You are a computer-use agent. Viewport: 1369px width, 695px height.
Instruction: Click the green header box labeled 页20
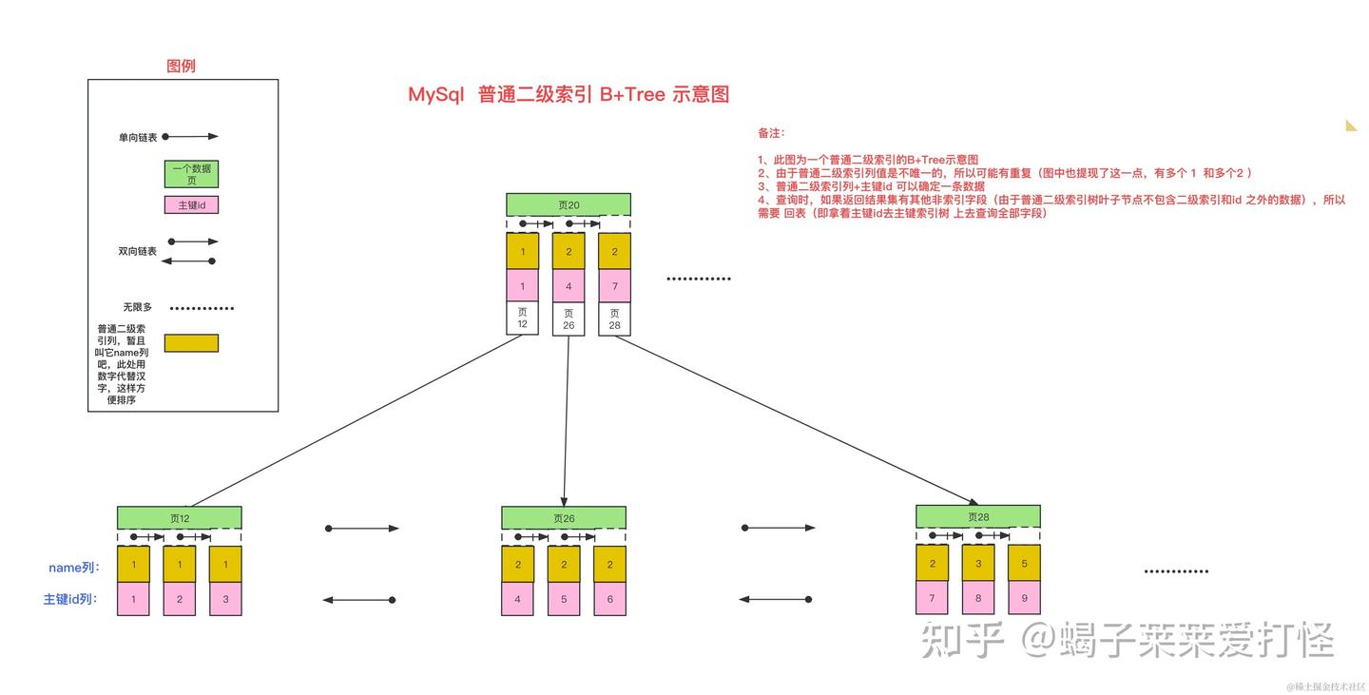[x=569, y=204]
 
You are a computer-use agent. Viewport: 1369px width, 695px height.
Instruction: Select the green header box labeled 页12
[x=180, y=518]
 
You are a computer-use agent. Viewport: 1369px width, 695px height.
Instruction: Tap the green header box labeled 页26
[x=564, y=518]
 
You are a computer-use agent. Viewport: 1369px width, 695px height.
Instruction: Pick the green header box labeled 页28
[x=977, y=517]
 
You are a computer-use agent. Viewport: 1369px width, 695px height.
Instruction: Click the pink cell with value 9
[x=1024, y=598]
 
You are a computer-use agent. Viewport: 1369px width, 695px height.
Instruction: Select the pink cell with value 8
[x=978, y=598]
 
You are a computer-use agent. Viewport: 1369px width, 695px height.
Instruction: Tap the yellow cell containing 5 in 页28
[x=1024, y=564]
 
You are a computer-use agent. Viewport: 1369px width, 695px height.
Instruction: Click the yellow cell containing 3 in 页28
[x=978, y=564]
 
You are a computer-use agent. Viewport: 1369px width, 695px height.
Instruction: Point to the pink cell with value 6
[x=609, y=599]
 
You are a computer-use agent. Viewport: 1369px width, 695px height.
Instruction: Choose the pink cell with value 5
[x=564, y=599]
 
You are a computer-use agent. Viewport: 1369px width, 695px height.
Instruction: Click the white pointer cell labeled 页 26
[x=569, y=319]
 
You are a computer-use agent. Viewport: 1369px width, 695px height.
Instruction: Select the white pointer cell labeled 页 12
[x=522, y=319]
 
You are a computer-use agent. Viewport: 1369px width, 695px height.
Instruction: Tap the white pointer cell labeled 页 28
[x=614, y=319]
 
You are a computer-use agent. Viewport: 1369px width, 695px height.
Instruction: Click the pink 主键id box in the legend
[x=192, y=204]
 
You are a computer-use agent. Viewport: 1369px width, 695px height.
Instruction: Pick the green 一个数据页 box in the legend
[x=192, y=174]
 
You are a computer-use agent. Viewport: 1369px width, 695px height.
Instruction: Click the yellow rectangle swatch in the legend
[x=191, y=343]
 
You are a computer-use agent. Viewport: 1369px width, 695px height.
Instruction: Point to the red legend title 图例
[x=181, y=66]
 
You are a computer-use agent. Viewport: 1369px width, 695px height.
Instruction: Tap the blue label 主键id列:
[x=70, y=600]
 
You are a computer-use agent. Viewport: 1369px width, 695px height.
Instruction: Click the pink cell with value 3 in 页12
[x=225, y=599]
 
